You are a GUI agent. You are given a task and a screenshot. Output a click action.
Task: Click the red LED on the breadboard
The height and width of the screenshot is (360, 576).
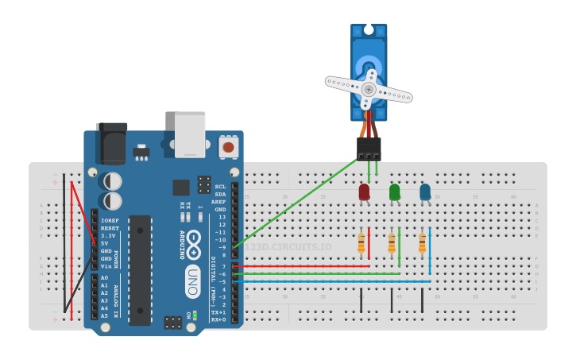(x=364, y=192)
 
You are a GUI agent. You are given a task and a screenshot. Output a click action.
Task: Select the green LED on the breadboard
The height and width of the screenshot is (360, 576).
(x=394, y=192)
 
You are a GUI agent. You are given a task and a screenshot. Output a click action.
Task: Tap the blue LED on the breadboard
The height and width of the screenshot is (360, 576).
(x=425, y=192)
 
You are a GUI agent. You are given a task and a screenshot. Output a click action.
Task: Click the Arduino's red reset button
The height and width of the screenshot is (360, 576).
(x=229, y=146)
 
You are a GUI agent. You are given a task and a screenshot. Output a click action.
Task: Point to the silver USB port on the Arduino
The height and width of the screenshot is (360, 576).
(x=190, y=134)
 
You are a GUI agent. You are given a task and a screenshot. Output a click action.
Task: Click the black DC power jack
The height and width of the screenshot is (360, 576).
(x=111, y=142)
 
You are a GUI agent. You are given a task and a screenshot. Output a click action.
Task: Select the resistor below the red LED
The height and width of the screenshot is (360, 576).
(x=361, y=242)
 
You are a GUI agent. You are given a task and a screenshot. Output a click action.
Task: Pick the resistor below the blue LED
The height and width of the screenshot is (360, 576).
(x=423, y=242)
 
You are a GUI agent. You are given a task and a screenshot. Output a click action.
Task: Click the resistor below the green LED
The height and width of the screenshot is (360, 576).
(x=392, y=242)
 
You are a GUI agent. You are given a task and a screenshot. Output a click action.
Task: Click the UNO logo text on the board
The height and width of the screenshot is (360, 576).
(x=192, y=281)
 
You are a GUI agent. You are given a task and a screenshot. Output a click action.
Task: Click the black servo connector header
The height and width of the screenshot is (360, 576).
(x=369, y=148)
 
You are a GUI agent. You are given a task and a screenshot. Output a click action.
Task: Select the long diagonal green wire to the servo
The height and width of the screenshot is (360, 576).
(x=296, y=203)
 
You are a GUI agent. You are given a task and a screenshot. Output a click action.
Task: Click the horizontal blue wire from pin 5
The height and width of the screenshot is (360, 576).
(x=334, y=281)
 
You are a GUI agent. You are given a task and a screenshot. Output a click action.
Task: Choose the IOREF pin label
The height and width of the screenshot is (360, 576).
(x=110, y=220)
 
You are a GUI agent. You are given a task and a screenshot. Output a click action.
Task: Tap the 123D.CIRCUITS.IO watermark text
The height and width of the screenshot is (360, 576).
(x=288, y=247)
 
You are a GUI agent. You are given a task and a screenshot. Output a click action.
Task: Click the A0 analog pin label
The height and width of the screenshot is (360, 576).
(x=104, y=278)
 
